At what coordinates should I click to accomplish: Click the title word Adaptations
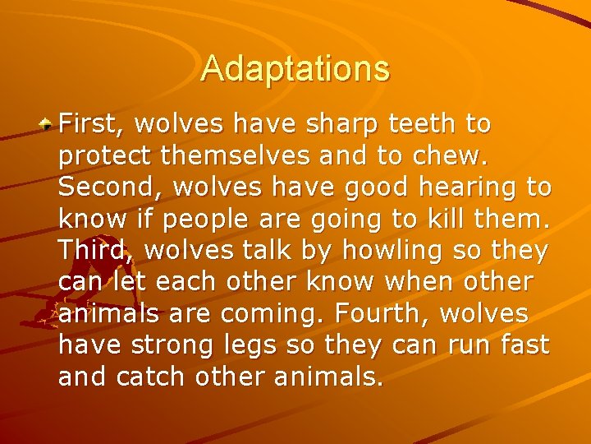pos(295,68)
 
